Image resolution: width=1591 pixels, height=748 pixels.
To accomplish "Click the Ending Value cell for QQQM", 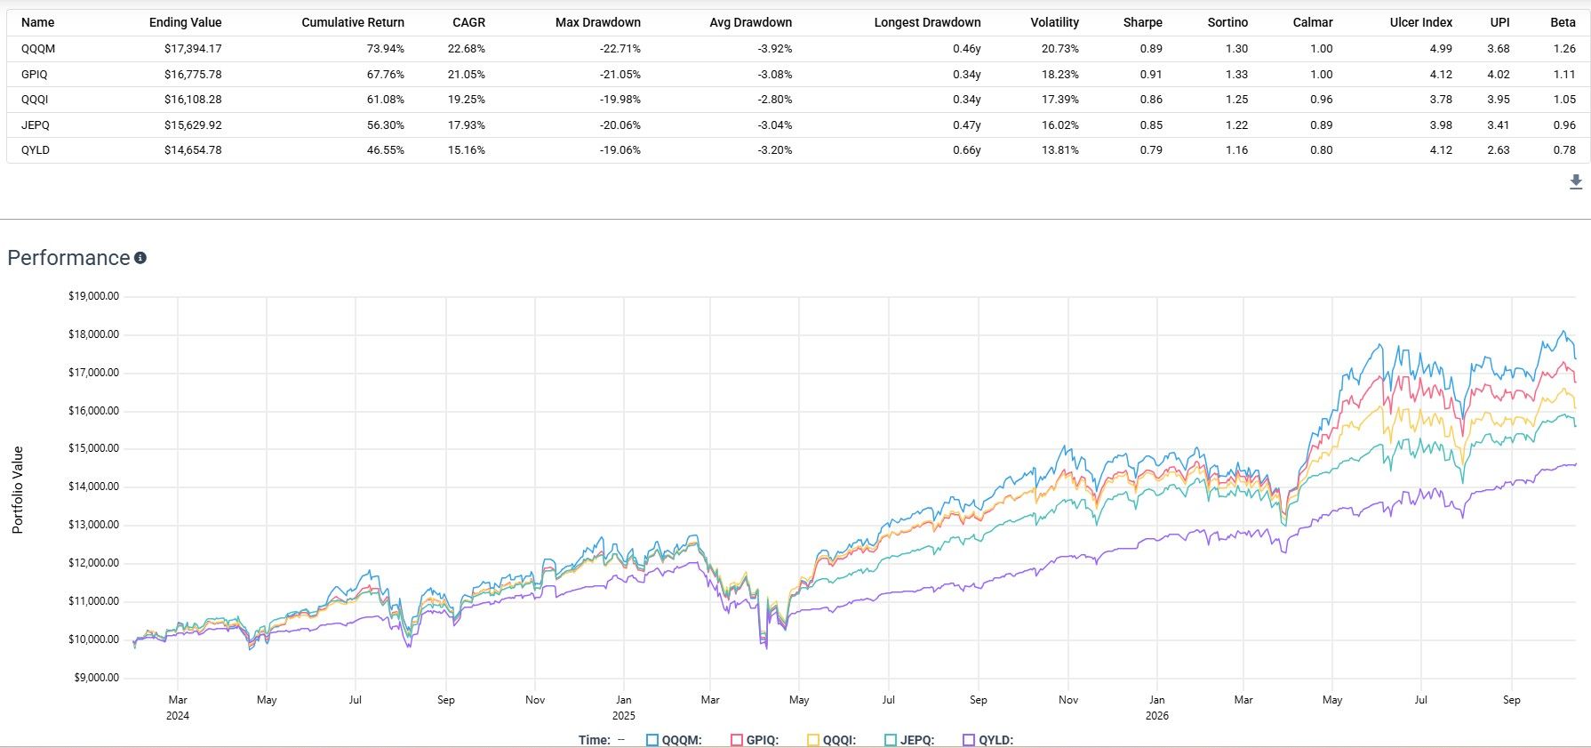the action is (193, 49).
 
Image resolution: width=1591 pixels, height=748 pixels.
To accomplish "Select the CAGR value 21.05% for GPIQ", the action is (467, 75).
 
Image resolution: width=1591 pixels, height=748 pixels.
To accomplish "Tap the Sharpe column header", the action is (1142, 22).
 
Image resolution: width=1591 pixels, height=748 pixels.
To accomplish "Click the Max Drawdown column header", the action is (598, 22).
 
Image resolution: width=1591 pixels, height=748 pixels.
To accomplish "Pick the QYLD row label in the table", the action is (36, 150).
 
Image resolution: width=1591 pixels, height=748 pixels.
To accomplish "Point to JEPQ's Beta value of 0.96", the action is (1564, 125).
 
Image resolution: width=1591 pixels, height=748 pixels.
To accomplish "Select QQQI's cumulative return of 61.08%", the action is (386, 100).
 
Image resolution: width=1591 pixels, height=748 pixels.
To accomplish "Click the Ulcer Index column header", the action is (1421, 22).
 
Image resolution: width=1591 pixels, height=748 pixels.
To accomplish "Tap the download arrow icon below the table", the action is (1576, 182).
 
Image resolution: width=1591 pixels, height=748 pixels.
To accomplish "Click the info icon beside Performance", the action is (140, 258).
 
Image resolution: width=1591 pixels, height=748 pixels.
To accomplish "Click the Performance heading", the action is (68, 258).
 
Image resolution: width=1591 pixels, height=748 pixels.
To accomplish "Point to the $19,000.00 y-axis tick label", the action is (93, 296).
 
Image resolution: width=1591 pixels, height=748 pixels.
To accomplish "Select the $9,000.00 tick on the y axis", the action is (96, 678).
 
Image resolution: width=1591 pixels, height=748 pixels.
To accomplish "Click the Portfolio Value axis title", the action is (18, 490).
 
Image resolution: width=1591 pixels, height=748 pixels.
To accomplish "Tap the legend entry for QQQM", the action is (675, 740).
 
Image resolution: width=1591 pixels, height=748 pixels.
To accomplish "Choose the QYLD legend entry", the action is (988, 740).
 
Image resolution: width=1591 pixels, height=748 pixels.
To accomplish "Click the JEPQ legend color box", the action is (891, 740).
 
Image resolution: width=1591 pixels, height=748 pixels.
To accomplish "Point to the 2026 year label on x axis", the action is (1157, 716).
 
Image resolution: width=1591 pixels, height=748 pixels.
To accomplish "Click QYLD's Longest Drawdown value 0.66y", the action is (967, 150).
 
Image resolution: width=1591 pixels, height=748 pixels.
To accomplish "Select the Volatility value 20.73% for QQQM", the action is (1060, 49).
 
